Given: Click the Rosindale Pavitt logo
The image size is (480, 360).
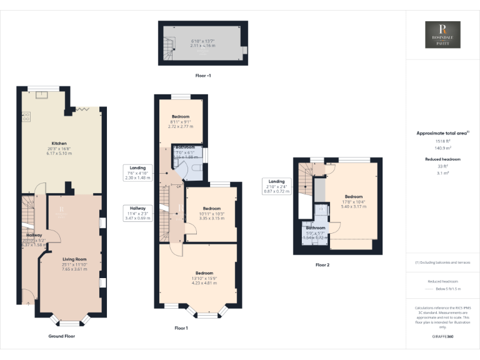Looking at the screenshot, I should [442, 35].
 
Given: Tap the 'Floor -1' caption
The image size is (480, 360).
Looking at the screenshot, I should [203, 75].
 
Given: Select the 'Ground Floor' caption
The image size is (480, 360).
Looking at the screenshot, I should [62, 336].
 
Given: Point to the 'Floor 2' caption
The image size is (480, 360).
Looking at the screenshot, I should [322, 265].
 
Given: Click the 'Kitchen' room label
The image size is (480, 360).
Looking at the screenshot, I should [59, 143].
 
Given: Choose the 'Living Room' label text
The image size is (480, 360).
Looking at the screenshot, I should [74, 259].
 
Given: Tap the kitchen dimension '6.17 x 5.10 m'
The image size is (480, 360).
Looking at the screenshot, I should [59, 154].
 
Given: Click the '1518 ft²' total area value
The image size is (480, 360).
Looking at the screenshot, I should [442, 142].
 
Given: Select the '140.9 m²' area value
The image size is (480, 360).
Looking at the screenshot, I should [442, 149].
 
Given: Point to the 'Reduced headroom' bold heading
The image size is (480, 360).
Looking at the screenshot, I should [442, 159].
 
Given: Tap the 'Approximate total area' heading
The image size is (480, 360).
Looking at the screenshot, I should [442, 133].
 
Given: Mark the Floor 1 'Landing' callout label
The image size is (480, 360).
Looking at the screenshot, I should [137, 167].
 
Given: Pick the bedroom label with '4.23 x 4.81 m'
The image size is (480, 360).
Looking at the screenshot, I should [204, 273].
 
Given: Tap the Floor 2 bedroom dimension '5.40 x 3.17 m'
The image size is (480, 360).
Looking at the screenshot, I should [353, 206].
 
